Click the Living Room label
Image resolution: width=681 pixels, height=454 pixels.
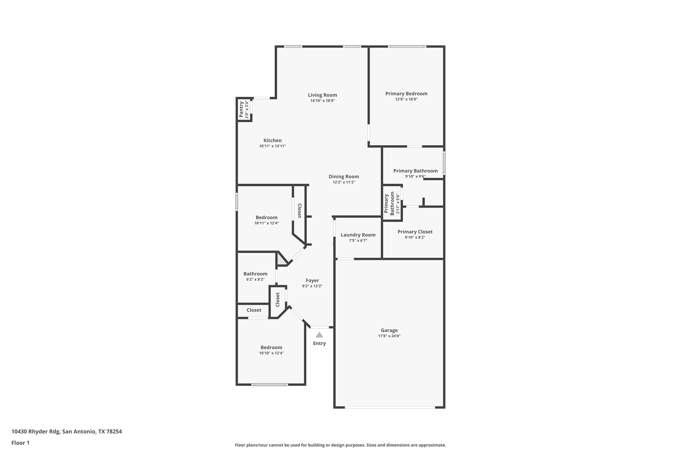(322, 95)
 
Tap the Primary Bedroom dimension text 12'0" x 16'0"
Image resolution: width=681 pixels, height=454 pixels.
(406, 99)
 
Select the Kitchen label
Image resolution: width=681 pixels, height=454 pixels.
(272, 140)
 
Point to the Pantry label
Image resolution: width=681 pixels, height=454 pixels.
(241, 109)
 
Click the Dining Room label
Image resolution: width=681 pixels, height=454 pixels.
(344, 177)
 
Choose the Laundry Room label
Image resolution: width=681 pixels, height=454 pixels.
(358, 235)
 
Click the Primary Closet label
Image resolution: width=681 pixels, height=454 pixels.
(415, 232)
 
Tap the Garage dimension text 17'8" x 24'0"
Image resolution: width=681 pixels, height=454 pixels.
(389, 336)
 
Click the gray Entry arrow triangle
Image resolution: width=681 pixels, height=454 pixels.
(319, 335)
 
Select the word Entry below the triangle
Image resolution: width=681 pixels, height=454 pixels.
(319, 343)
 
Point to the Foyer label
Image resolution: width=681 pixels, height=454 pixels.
(312, 280)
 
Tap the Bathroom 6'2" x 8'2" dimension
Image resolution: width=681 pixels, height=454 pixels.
(255, 280)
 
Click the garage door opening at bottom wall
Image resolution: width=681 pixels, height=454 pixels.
(389, 407)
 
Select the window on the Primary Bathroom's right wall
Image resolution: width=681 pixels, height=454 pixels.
(444, 163)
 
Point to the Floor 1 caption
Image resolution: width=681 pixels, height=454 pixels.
(20, 443)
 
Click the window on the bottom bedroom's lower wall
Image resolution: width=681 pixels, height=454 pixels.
(269, 384)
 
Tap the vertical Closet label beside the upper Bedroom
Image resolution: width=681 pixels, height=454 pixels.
(299, 211)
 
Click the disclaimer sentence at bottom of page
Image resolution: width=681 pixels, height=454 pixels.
(340, 445)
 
